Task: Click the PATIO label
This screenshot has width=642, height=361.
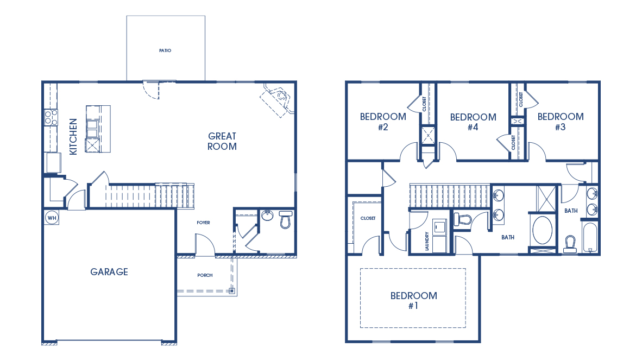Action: click(x=165, y=50)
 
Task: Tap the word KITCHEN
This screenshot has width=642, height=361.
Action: click(x=73, y=137)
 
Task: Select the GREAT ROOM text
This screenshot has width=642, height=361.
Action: click(x=222, y=141)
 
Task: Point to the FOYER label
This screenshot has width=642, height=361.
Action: click(x=203, y=223)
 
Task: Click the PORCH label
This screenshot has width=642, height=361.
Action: click(x=205, y=275)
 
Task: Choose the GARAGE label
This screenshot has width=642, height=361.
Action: click(x=109, y=272)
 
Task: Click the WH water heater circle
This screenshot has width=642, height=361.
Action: click(x=52, y=217)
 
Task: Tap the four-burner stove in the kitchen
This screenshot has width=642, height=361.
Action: click(x=51, y=118)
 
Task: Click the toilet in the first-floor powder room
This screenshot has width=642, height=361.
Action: click(x=286, y=220)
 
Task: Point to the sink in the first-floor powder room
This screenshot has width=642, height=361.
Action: click(x=267, y=216)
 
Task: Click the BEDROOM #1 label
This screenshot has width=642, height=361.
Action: click(x=413, y=300)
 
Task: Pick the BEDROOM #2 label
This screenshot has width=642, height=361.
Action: click(x=383, y=122)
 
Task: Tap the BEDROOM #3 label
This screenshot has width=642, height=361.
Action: click(x=561, y=122)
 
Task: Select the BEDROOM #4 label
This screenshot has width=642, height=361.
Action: click(x=473, y=122)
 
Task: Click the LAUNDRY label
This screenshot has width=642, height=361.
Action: click(x=427, y=241)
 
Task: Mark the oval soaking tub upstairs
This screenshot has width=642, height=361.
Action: click(x=542, y=230)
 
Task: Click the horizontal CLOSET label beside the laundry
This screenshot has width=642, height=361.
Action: click(x=368, y=218)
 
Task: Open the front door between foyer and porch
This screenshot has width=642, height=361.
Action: click(x=205, y=245)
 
